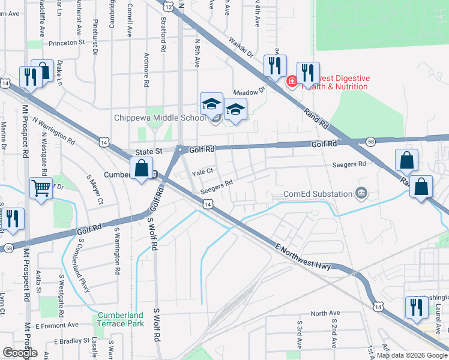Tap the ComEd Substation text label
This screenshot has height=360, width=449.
pyautogui.click(x=318, y=194)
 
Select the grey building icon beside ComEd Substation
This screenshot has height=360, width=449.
pyautogui.click(x=361, y=193)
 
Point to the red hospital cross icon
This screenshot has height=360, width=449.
pyautogui.click(x=292, y=80)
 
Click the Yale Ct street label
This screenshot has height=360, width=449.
pyautogui.click(x=202, y=172)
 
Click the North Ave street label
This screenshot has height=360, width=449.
pyautogui.click(x=325, y=313)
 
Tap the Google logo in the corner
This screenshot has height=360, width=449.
pyautogui.click(x=20, y=353)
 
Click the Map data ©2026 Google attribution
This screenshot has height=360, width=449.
pyautogui.click(x=412, y=355)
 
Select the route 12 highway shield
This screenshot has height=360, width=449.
pyautogui.click(x=168, y=6)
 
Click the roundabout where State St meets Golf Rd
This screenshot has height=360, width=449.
pyautogui.click(x=179, y=149)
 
